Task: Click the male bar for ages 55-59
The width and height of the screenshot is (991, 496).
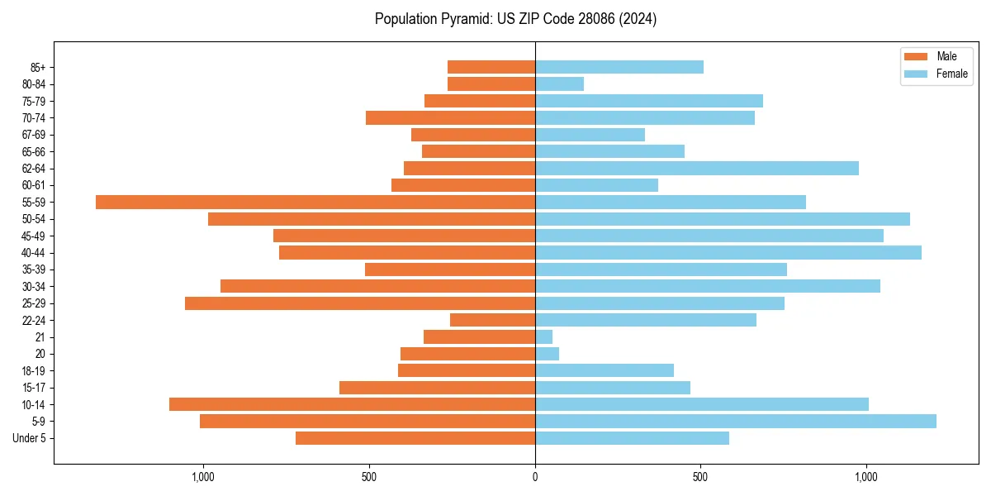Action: (x=315, y=202)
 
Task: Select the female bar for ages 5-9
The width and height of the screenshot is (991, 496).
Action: (x=735, y=421)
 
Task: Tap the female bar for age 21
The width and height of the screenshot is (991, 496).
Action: (x=543, y=336)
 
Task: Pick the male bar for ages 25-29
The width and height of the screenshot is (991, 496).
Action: (x=360, y=303)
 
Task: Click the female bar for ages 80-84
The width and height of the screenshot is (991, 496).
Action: (x=559, y=83)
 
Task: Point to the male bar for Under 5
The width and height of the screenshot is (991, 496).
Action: (x=415, y=438)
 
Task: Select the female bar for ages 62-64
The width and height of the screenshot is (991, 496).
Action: (x=696, y=168)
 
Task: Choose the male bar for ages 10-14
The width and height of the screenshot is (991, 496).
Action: (x=352, y=404)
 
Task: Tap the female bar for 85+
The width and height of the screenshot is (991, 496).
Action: (x=619, y=67)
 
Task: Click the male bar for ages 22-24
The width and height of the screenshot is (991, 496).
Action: (x=492, y=320)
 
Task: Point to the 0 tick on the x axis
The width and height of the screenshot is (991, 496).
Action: (x=535, y=477)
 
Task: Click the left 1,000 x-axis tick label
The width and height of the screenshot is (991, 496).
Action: (x=203, y=477)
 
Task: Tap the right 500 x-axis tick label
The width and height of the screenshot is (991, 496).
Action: (x=700, y=477)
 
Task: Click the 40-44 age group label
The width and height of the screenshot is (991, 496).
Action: (x=33, y=253)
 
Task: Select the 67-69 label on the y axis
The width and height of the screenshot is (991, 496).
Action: (x=33, y=135)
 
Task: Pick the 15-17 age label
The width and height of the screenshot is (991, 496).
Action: (x=33, y=388)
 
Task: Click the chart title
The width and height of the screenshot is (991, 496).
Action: (x=515, y=19)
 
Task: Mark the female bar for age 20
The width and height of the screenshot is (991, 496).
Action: (x=547, y=354)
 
